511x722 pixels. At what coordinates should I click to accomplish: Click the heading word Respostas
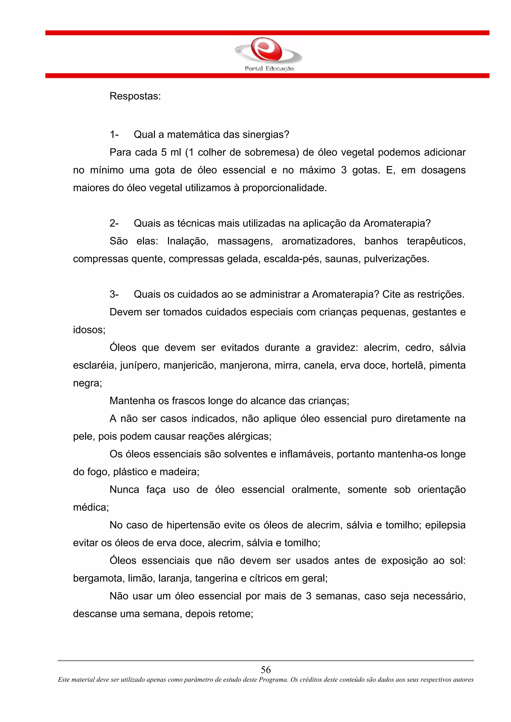pos(135,96)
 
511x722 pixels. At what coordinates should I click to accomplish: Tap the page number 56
pos(266,669)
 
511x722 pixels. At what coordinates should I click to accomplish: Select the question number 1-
pos(114,135)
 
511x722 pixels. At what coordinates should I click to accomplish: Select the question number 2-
pos(114,223)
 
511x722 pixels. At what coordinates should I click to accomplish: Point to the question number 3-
pos(114,294)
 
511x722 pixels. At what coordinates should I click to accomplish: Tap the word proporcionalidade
pos(284,188)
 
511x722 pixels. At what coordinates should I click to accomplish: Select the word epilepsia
pos(445,525)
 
